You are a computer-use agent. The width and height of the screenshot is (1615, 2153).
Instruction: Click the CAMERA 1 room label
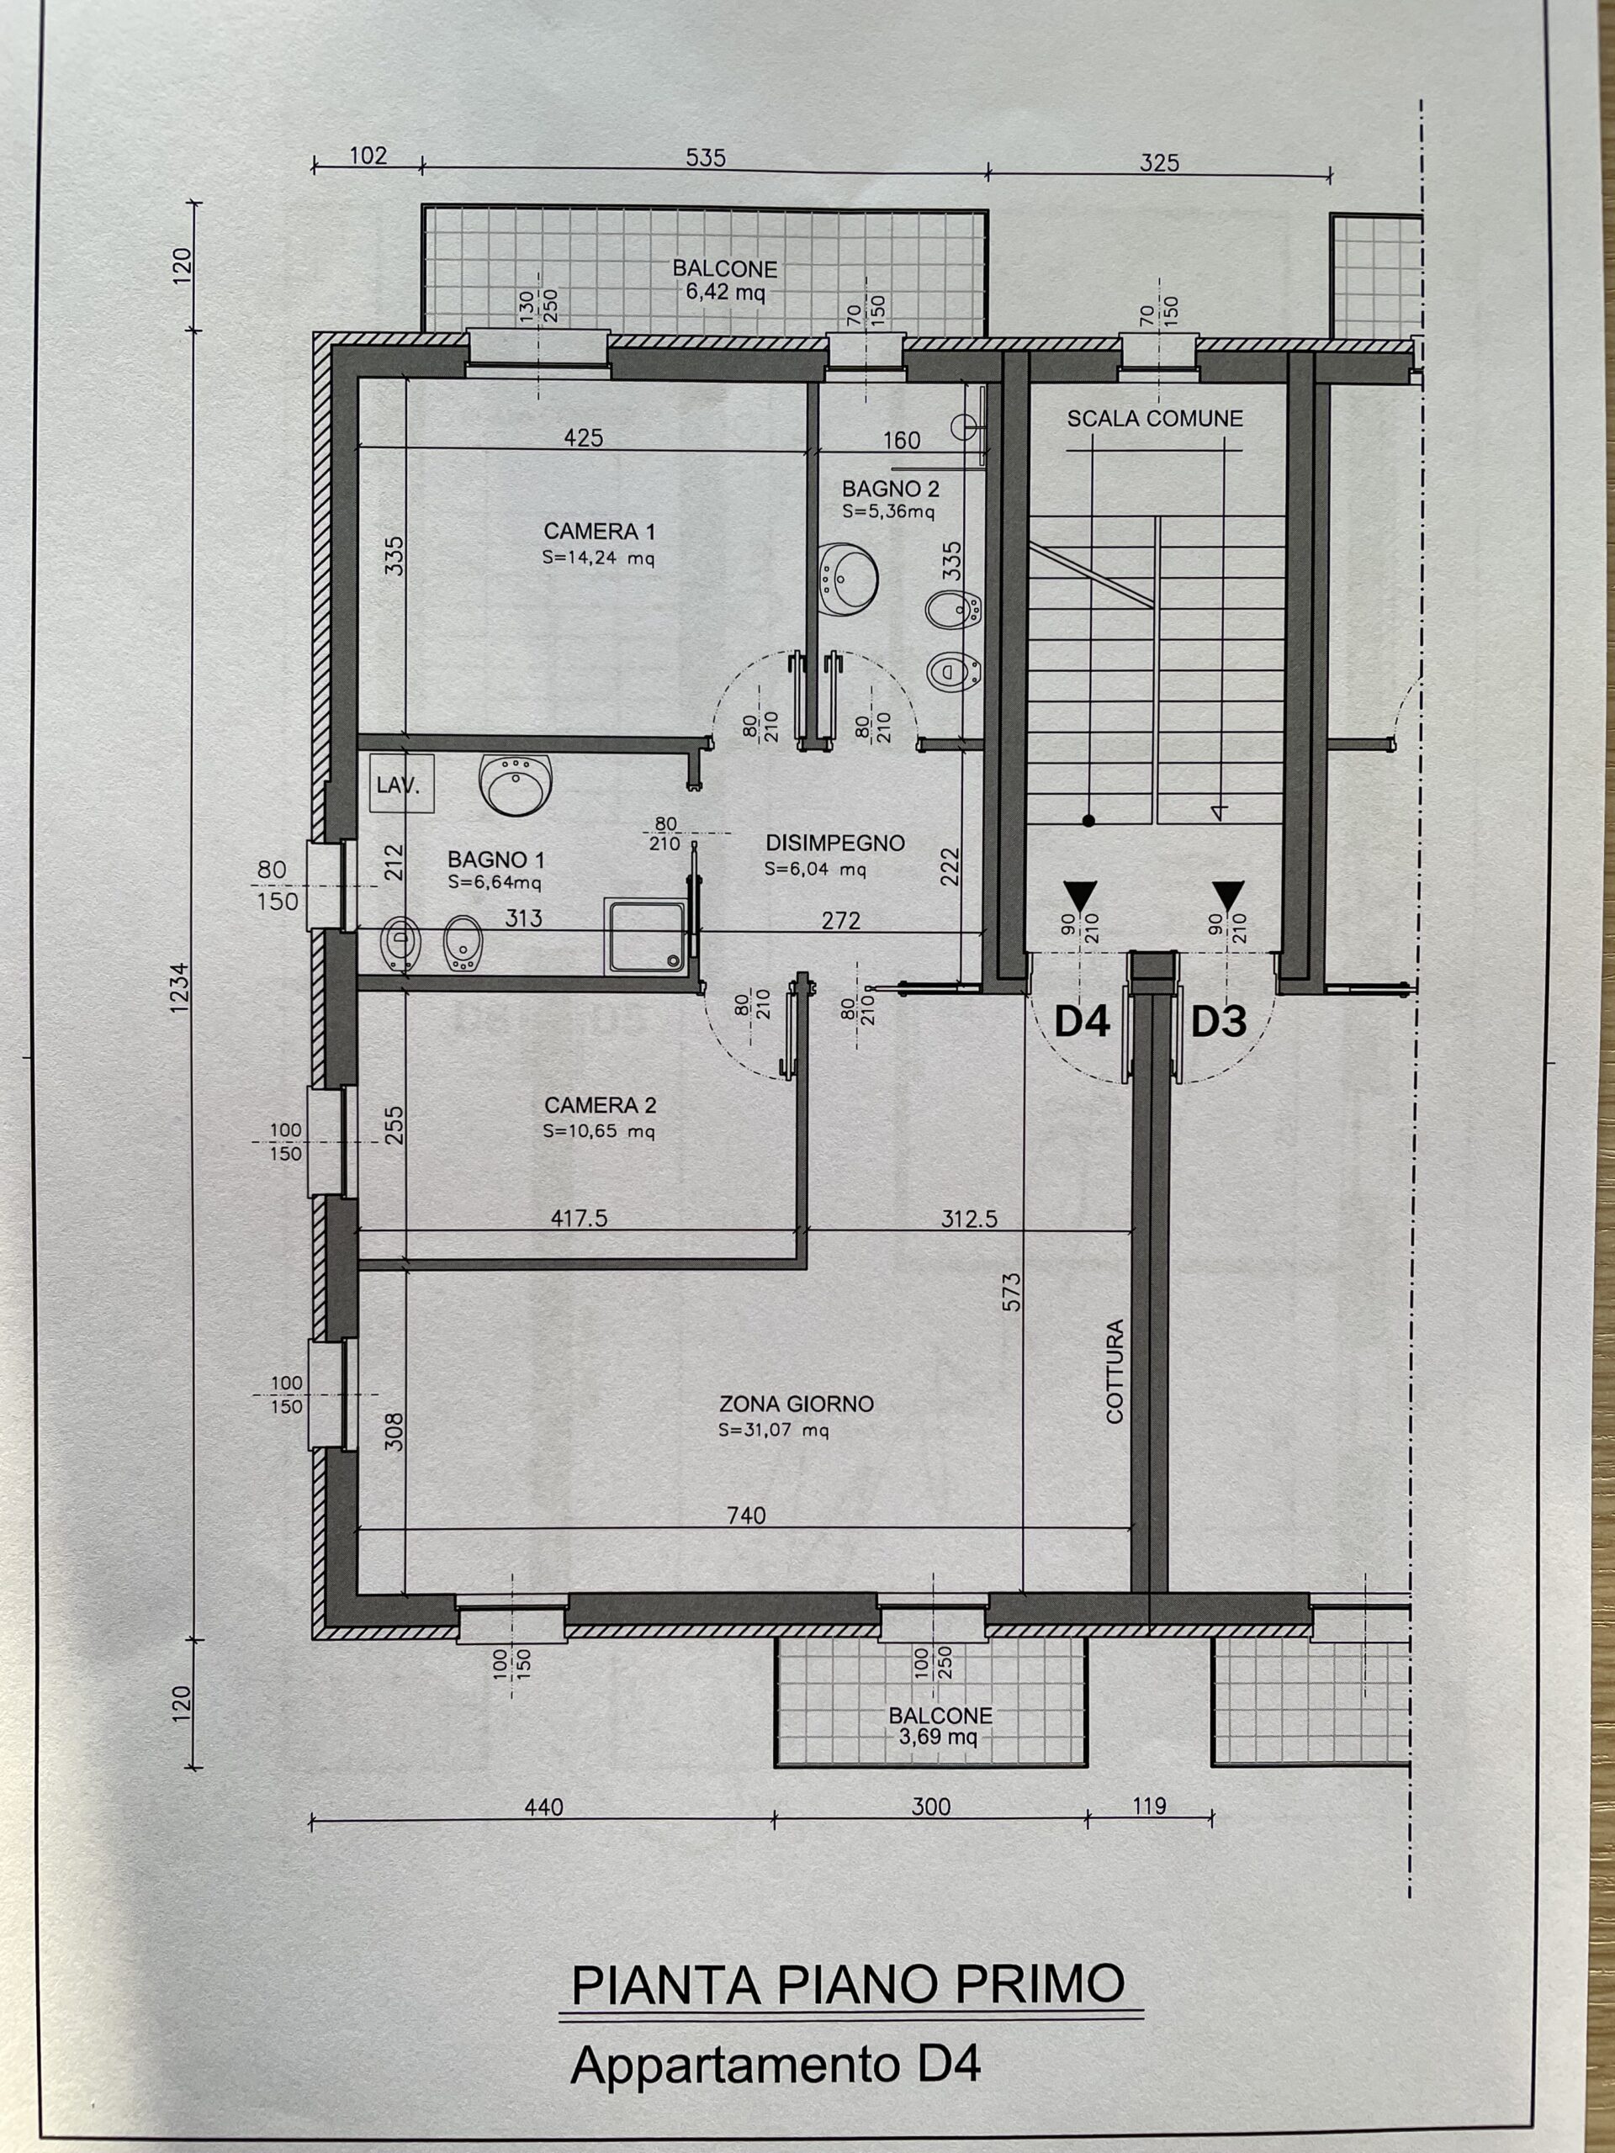click(x=599, y=532)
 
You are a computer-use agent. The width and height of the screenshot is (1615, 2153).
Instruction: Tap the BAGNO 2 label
click(x=890, y=489)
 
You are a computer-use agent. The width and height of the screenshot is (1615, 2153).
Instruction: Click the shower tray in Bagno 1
click(x=645, y=935)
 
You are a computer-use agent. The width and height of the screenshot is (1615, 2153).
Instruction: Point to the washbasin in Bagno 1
click(x=516, y=784)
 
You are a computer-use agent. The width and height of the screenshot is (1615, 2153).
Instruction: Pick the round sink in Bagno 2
click(x=847, y=578)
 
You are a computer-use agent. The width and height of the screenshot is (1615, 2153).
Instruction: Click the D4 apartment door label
click(x=1082, y=1022)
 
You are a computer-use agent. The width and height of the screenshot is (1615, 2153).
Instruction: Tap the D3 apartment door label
click(x=1218, y=1022)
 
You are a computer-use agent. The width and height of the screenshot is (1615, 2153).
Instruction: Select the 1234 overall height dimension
click(x=178, y=987)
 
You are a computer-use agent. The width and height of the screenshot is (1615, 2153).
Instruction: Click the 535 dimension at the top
click(x=705, y=157)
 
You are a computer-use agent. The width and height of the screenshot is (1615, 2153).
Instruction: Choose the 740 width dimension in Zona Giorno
click(x=746, y=1515)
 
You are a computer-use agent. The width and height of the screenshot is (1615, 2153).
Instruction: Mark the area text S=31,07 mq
click(x=773, y=1431)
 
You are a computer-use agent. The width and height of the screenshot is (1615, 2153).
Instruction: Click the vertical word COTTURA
click(x=1115, y=1372)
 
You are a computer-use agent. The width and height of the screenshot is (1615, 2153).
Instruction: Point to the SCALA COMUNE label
click(x=1155, y=419)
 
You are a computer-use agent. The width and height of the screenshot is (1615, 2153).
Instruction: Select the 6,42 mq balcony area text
click(x=724, y=292)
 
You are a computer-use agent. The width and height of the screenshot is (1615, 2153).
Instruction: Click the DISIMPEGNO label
click(x=834, y=843)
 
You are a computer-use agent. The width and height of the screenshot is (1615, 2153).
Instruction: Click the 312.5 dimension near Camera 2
click(x=969, y=1219)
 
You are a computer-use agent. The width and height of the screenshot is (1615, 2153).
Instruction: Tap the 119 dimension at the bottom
click(x=1149, y=1806)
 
